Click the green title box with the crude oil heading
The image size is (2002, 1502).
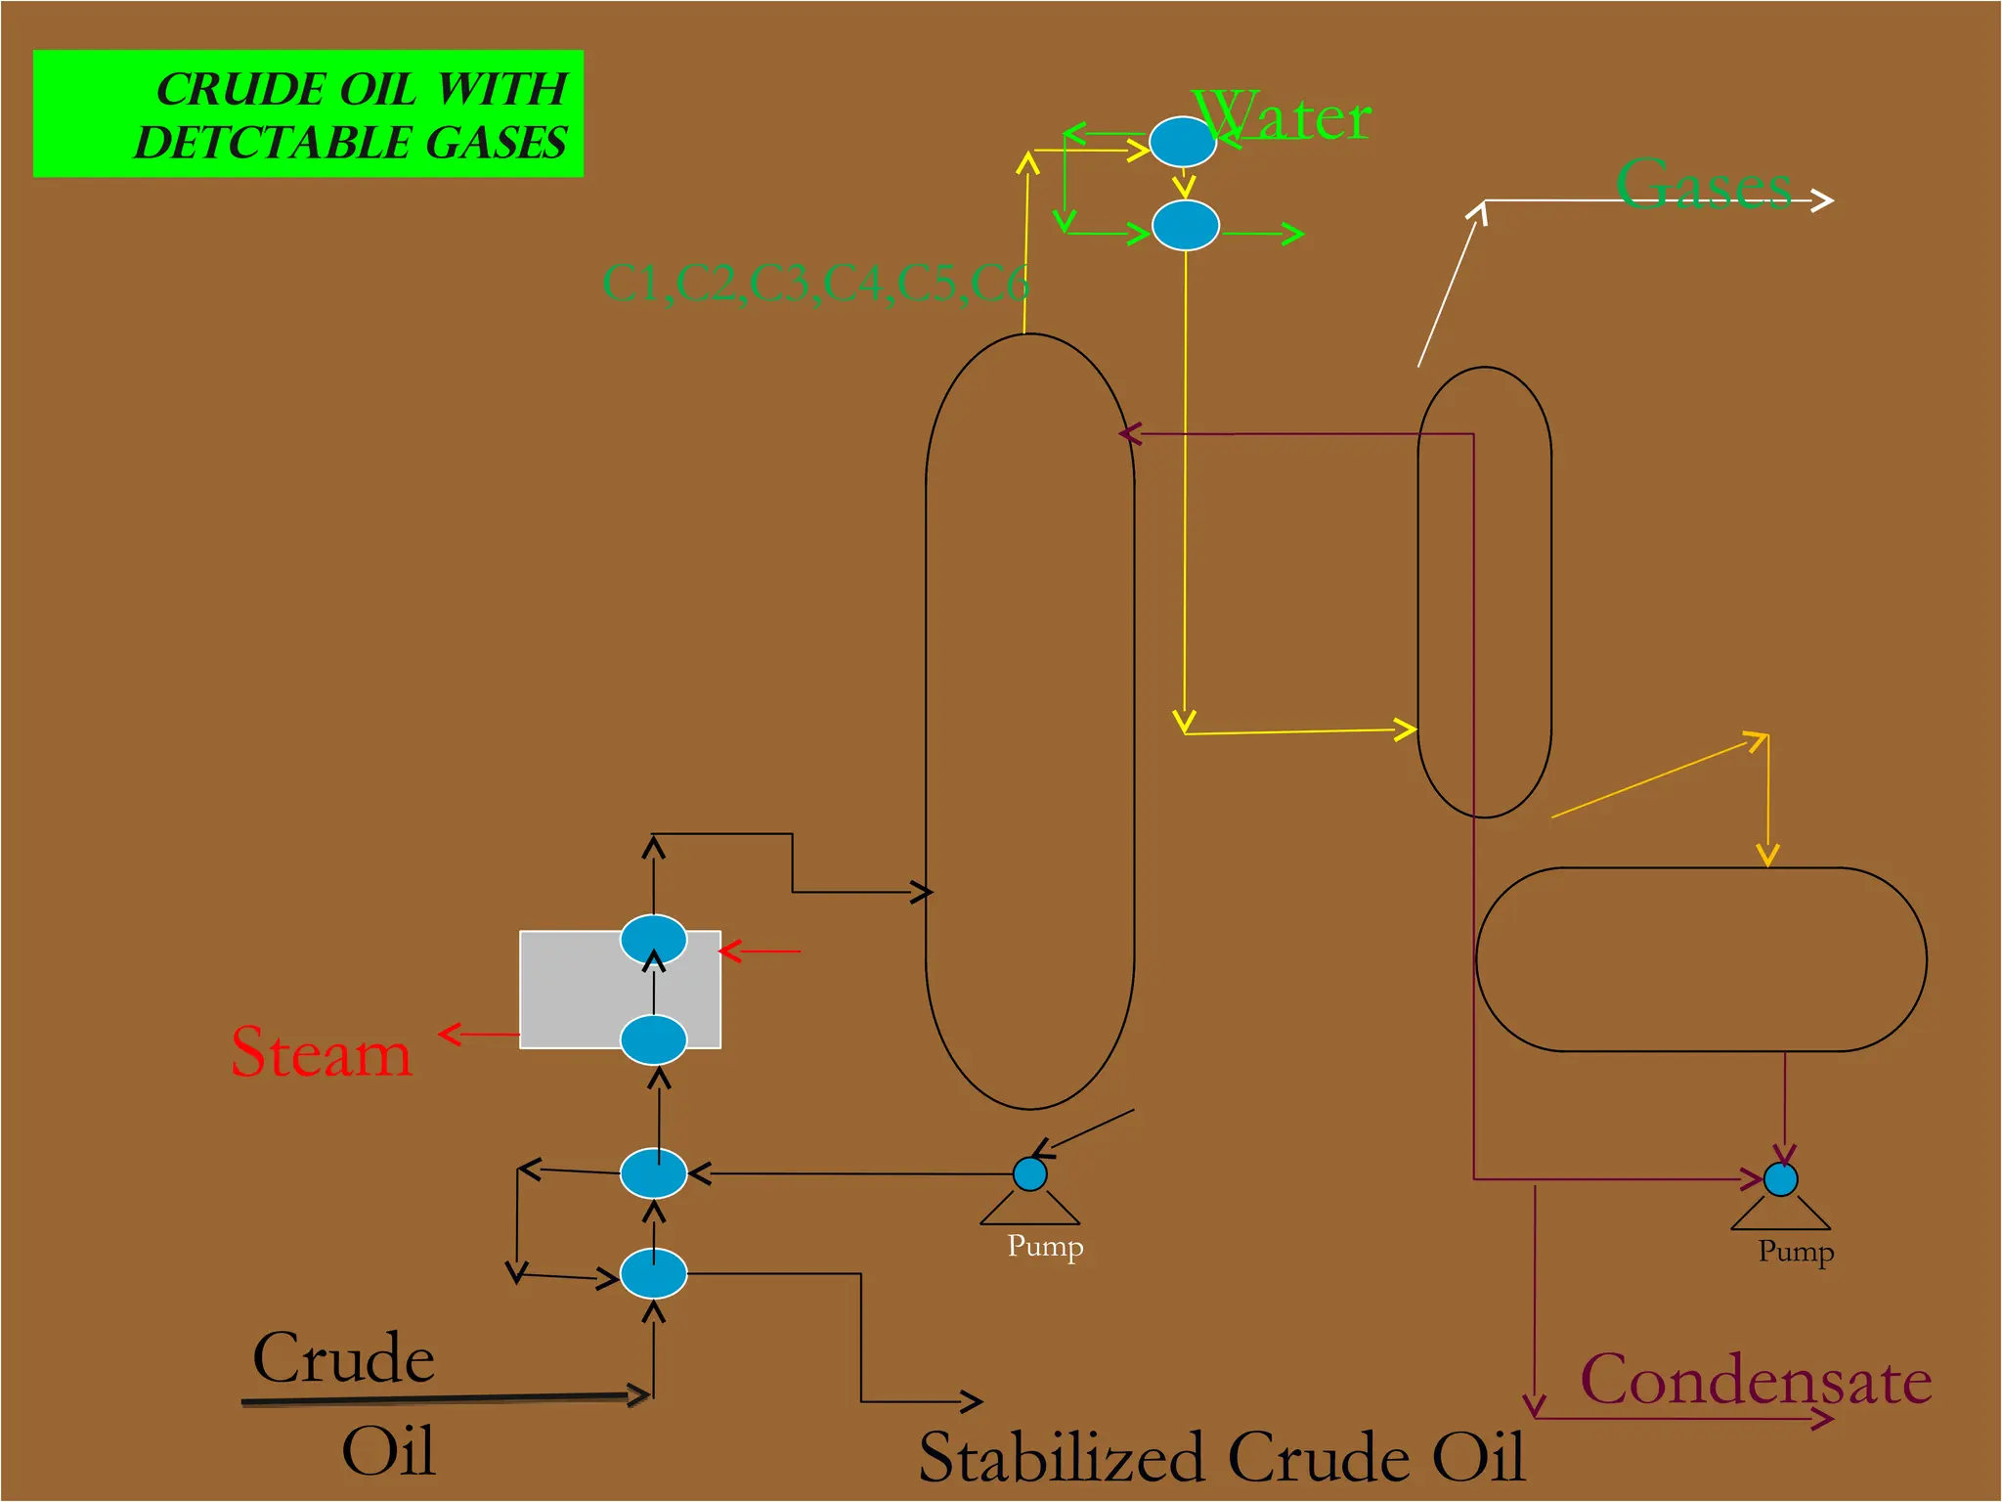(308, 113)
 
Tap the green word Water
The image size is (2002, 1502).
(1283, 118)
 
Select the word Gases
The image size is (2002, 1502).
(1703, 183)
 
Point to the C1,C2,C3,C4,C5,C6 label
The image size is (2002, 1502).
(815, 284)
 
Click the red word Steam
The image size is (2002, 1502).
(321, 1053)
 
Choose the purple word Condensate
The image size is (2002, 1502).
(1756, 1381)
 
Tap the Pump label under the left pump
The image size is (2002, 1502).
(1045, 1247)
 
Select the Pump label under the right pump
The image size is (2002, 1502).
(1796, 1252)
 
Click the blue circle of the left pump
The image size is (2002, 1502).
(1029, 1173)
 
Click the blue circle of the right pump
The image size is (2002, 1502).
(1780, 1179)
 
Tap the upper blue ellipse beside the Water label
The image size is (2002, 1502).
(1182, 142)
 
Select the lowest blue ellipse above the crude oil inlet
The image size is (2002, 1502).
(653, 1274)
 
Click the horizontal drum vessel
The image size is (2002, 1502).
(1701, 959)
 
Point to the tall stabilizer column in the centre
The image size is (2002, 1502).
(1029, 722)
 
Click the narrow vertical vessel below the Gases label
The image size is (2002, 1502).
(1484, 592)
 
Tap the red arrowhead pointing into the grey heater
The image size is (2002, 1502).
(729, 950)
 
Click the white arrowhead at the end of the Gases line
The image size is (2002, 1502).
(1823, 200)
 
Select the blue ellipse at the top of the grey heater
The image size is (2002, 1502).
(653, 940)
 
